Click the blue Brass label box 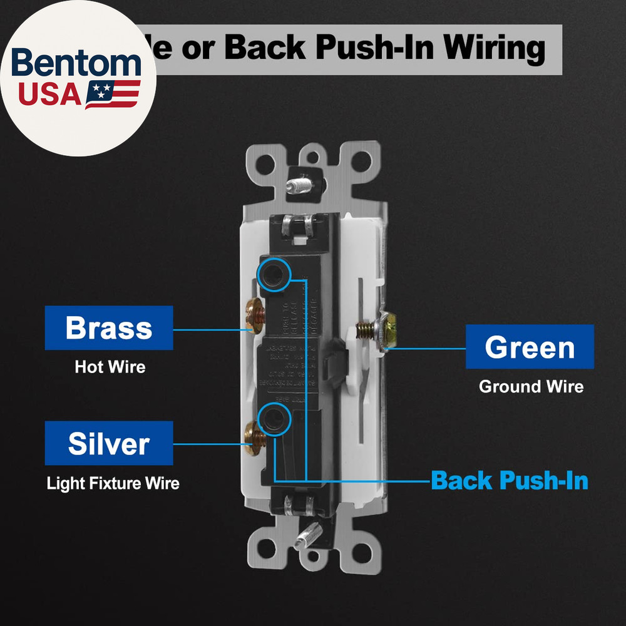pyautogui.click(x=109, y=328)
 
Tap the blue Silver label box pyautogui.click(x=109, y=443)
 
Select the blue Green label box pyautogui.click(x=530, y=347)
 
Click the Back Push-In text pyautogui.click(x=510, y=481)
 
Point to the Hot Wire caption pyautogui.click(x=110, y=367)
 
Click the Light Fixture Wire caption pyautogui.click(x=113, y=483)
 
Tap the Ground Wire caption pyautogui.click(x=531, y=386)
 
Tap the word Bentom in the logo pyautogui.click(x=76, y=64)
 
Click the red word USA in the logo pyautogui.click(x=49, y=94)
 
